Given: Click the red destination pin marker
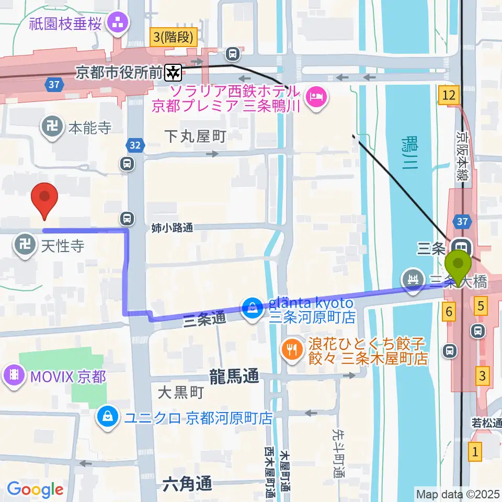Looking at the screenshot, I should pos(44,200).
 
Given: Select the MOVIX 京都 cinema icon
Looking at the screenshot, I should pos(13,376).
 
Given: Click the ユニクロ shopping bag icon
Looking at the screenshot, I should pos(107,418).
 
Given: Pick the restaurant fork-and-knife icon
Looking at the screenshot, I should pos(291,350).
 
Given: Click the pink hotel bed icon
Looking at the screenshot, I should pos(315,96).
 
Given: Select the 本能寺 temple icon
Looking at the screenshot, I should pos(53,127).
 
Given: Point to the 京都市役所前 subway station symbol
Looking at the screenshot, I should pos(173,73).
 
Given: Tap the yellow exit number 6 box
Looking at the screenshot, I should pos(448,312).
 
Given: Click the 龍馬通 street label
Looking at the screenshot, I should pos(234,376).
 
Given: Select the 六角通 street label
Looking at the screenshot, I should pos(187,484).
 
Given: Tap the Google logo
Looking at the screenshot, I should pos(35,489).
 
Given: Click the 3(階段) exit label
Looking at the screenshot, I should pos(174,37).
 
